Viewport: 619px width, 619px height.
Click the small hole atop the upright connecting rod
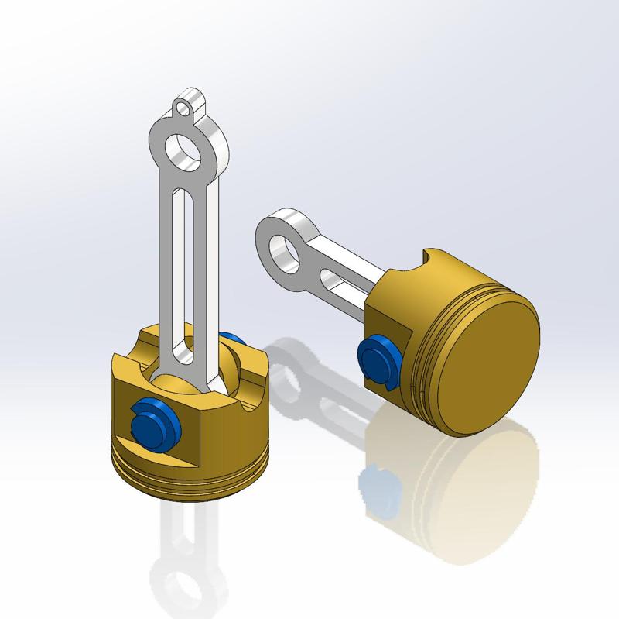tap(183, 108)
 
